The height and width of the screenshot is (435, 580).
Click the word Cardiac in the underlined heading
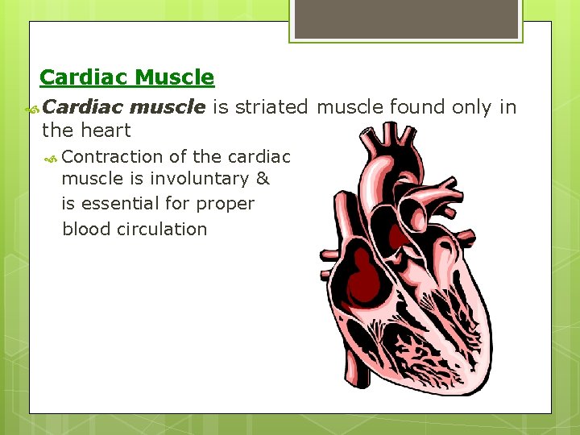pyautogui.click(x=84, y=77)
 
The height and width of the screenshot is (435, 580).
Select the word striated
pyautogui.click(x=271, y=107)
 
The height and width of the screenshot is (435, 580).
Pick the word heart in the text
pyautogui.click(x=106, y=130)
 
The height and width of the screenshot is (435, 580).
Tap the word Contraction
pyautogui.click(x=112, y=156)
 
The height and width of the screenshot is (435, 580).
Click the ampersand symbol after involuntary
pyautogui.click(x=263, y=180)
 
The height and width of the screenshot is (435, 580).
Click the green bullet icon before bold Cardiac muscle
pyautogui.click(x=32, y=108)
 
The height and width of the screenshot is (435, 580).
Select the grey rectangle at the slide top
pyautogui.click(x=406, y=19)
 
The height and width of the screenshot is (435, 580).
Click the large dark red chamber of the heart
pyautogui.click(x=363, y=278)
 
